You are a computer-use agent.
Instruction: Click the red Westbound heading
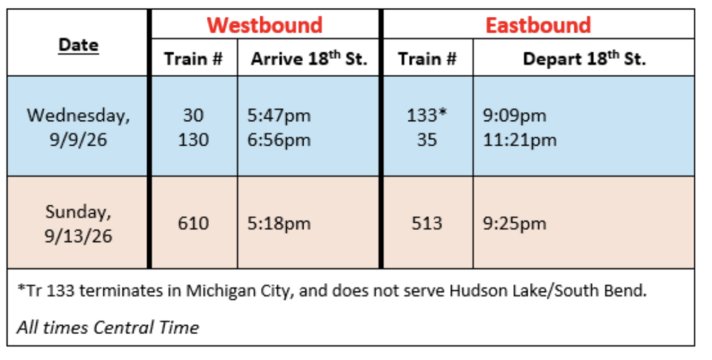click(265, 25)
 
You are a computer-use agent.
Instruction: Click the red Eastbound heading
click(538, 25)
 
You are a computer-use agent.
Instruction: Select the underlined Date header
click(79, 45)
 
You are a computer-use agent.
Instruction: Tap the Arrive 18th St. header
click(309, 58)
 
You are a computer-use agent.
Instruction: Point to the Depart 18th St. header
click(584, 58)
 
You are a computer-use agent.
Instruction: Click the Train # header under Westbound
click(193, 59)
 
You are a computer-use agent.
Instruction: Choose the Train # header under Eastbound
click(428, 59)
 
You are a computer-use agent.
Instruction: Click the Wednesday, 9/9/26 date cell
click(79, 127)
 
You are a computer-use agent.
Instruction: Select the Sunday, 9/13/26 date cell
click(79, 224)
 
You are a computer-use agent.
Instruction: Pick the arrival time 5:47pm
click(279, 116)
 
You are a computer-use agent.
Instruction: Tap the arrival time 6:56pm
click(279, 140)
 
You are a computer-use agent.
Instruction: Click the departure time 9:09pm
click(514, 116)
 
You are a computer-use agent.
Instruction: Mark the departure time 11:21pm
click(519, 140)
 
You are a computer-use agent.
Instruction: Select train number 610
click(193, 223)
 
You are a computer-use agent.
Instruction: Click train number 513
click(427, 223)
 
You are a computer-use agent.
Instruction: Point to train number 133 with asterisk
click(427, 115)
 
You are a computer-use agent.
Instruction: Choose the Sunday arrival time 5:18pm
click(279, 224)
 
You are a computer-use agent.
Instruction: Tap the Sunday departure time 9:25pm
click(514, 224)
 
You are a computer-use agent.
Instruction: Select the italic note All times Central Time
click(108, 327)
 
